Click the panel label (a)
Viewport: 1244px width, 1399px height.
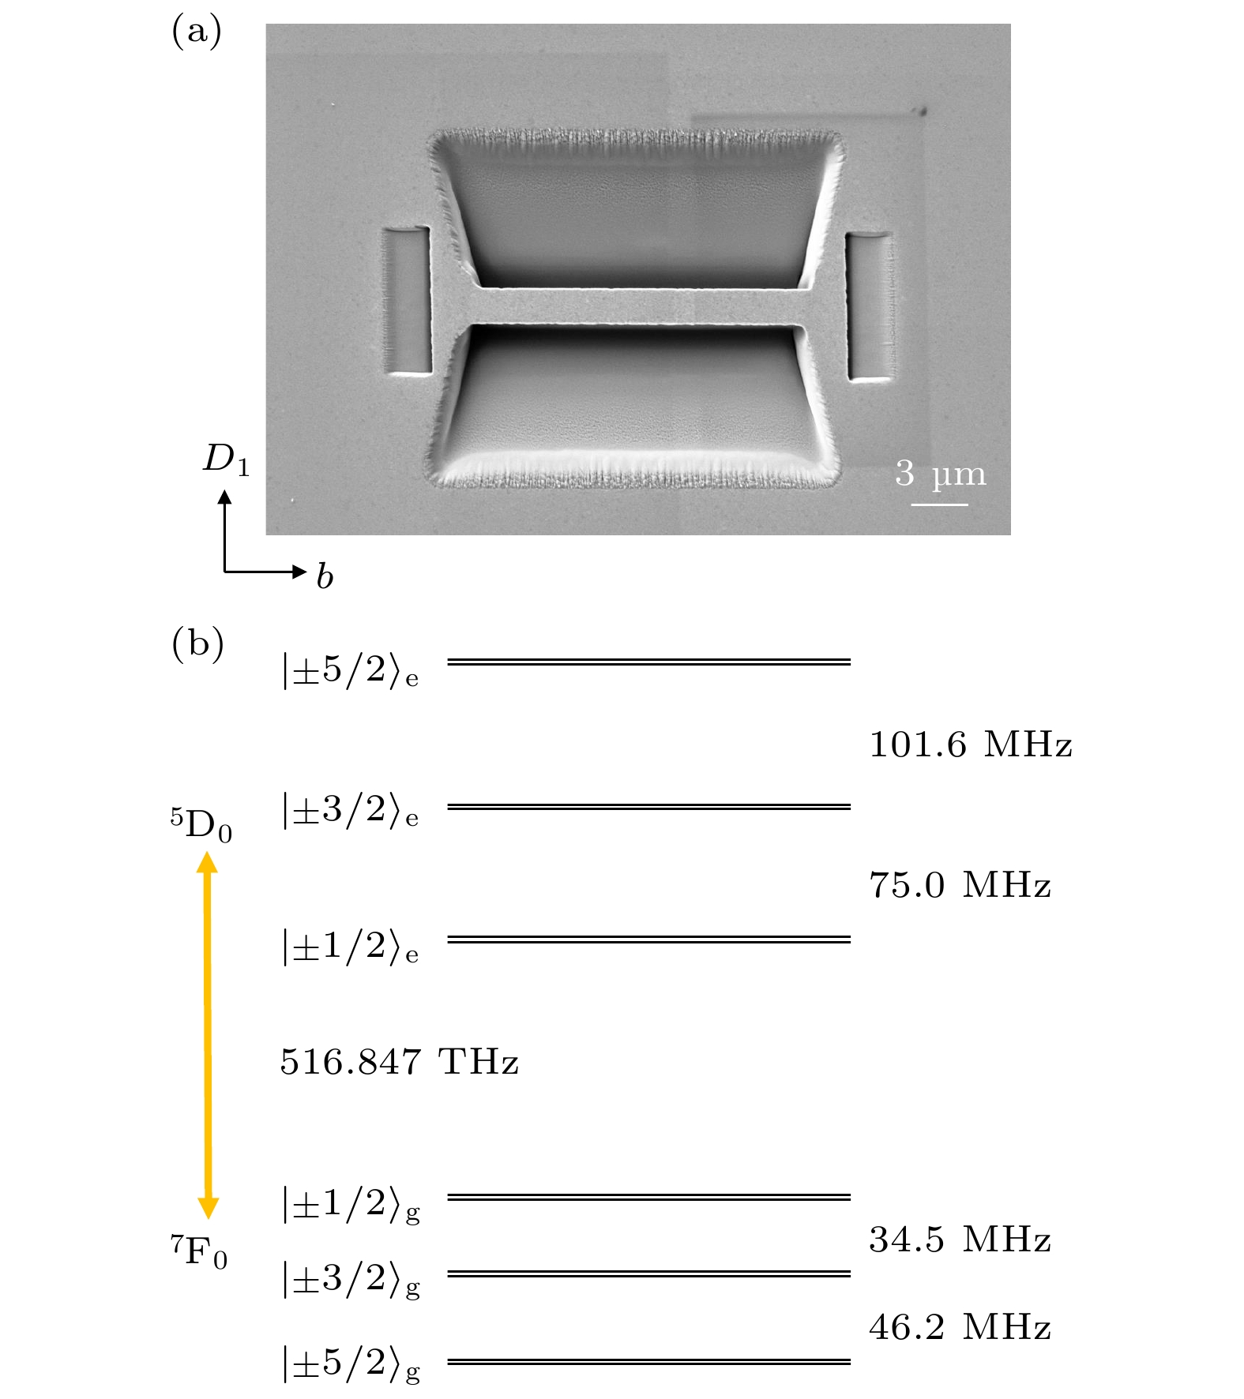click(x=197, y=32)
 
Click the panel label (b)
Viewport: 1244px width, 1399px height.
click(x=198, y=644)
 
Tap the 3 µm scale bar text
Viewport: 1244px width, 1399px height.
click(x=941, y=474)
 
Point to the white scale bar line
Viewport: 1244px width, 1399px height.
click(x=940, y=504)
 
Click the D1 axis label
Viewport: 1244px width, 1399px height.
click(x=227, y=459)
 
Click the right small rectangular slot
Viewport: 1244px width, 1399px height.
click(x=869, y=306)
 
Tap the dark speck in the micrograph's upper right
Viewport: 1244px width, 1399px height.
click(x=919, y=111)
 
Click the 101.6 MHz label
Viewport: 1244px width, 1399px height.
click(x=971, y=745)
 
